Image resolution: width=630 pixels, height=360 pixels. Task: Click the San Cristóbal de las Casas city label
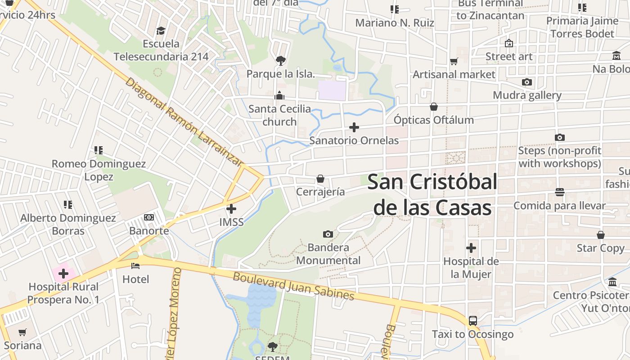[x=432, y=195]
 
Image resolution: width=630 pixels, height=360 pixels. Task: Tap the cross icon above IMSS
[x=231, y=209]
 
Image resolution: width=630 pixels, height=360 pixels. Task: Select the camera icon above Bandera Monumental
[x=328, y=234]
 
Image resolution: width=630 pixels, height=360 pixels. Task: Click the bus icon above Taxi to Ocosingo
[x=472, y=321]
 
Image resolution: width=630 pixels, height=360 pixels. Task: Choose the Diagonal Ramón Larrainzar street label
[x=184, y=122]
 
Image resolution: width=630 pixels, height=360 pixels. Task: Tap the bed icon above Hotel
[x=135, y=266]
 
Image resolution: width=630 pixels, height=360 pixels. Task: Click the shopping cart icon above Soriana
[x=22, y=333]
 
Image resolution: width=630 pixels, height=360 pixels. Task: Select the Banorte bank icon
[x=149, y=218]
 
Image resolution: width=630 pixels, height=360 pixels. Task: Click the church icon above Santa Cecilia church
[x=279, y=95]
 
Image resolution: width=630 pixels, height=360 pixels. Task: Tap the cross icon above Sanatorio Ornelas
[x=354, y=127]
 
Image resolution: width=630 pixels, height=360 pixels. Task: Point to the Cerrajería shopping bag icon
[x=320, y=179]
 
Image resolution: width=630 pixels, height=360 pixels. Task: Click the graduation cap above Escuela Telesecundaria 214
[x=161, y=31]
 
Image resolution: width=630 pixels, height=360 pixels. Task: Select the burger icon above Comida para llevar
[x=560, y=192]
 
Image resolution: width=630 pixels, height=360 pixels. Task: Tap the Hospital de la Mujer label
[x=471, y=268]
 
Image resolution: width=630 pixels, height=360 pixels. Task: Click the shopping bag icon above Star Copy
[x=601, y=235]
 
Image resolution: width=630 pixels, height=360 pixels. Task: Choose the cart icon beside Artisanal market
[x=454, y=61]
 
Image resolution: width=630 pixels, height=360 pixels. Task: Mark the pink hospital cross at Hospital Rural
[x=63, y=273]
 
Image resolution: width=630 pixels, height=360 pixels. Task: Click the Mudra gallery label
[x=527, y=95]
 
